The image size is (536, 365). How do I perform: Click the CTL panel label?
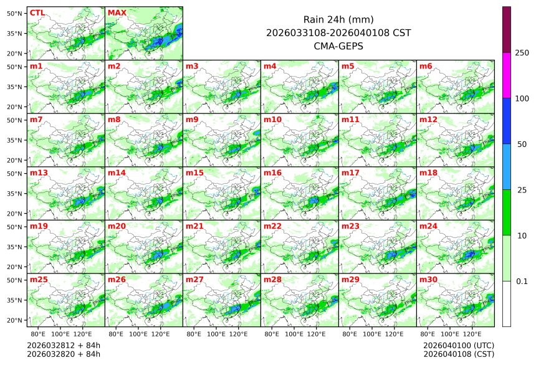click(x=37, y=12)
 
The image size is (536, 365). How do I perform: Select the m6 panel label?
click(x=426, y=66)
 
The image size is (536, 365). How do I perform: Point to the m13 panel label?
click(x=39, y=173)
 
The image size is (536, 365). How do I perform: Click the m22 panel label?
click(x=272, y=226)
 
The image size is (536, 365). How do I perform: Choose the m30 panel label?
click(x=428, y=280)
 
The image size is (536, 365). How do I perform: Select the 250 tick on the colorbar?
click(x=522, y=53)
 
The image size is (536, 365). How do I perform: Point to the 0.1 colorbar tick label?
click(x=522, y=282)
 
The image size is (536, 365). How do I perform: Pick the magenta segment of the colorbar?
click(x=507, y=75)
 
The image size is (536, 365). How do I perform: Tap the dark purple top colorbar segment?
click(x=507, y=29)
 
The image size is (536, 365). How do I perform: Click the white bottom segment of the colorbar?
click(x=507, y=304)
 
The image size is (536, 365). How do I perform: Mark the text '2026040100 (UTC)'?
click(x=458, y=345)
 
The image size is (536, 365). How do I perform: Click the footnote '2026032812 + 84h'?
click(x=64, y=345)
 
